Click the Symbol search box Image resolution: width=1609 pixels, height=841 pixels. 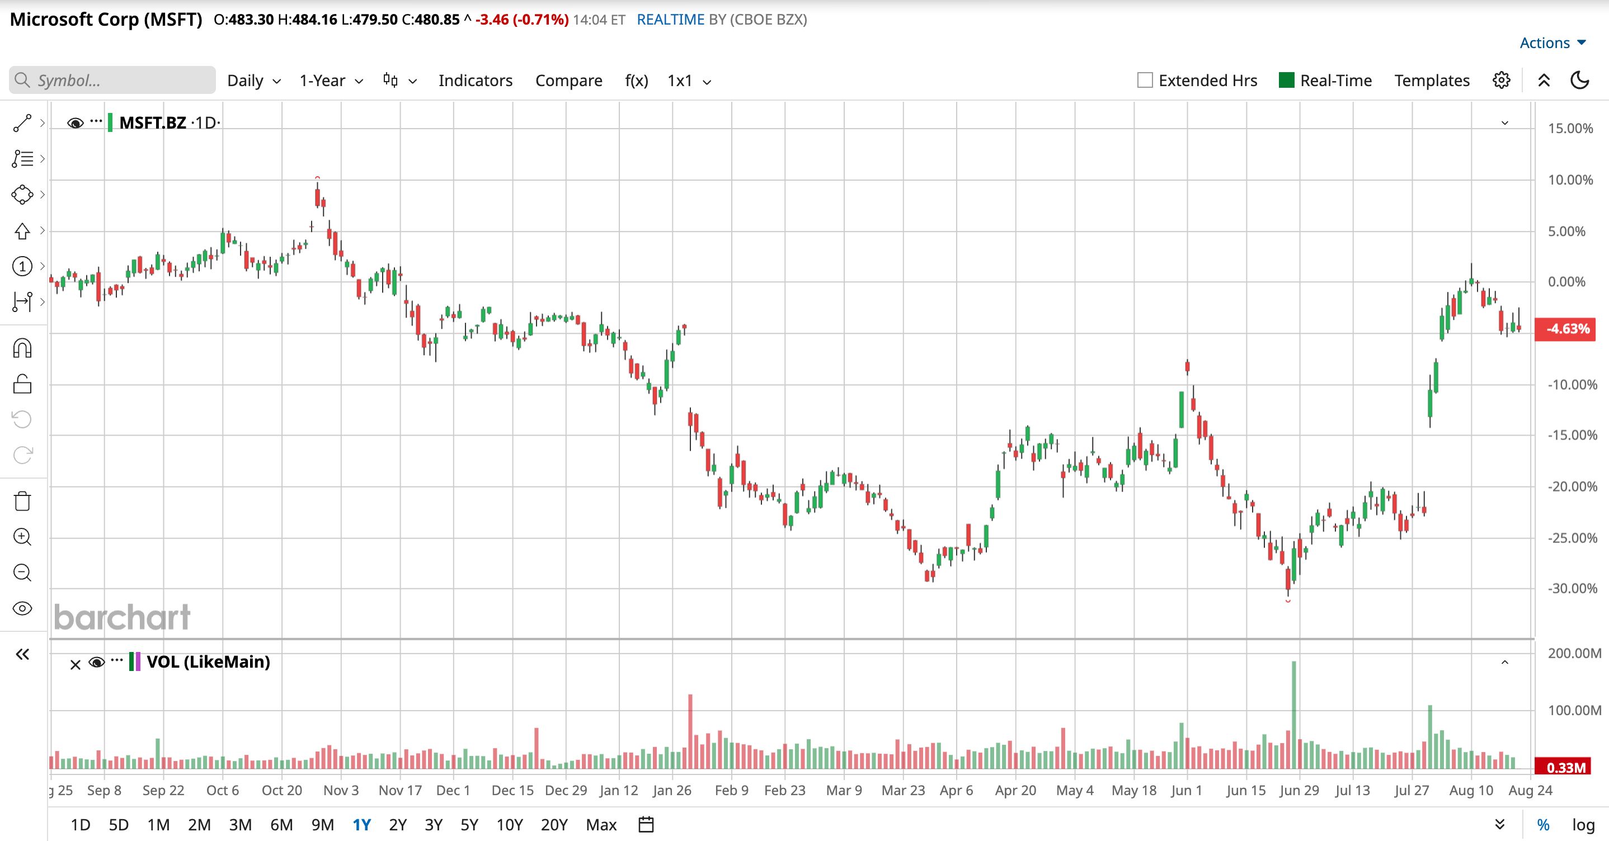112,81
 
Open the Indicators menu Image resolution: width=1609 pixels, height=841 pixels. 476,81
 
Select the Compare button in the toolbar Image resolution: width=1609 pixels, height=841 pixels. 568,81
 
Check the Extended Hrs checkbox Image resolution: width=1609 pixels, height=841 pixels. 1145,81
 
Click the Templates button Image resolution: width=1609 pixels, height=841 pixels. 1432,81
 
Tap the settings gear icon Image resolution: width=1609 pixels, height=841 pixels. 1502,81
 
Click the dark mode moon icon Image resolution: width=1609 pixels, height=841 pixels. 1580,81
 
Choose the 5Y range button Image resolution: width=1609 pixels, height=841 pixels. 469,825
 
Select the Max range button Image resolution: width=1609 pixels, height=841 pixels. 601,825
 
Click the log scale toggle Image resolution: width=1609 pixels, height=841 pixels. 1583,825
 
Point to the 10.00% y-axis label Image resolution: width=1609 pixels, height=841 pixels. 1570,180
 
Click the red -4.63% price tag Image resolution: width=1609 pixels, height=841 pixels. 1565,328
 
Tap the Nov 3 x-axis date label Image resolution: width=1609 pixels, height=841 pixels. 341,791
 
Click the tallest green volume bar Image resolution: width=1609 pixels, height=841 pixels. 1293,715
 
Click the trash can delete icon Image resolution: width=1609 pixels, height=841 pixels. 22,500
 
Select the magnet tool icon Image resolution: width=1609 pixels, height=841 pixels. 22,348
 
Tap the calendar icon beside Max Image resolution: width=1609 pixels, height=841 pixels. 646,825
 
